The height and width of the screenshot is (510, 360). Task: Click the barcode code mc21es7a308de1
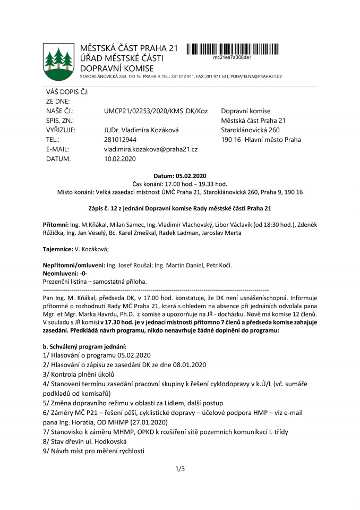tap(232, 57)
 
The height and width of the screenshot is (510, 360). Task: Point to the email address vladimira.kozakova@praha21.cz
tap(151, 149)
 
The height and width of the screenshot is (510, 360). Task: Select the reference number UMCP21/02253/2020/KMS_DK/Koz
tap(156, 111)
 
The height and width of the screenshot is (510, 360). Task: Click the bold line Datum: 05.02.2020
tap(179, 176)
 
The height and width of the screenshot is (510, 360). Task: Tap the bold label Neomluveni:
tap(61, 273)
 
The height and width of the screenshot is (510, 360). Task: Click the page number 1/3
tap(179, 469)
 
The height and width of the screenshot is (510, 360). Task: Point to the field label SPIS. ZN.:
tap(60, 121)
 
